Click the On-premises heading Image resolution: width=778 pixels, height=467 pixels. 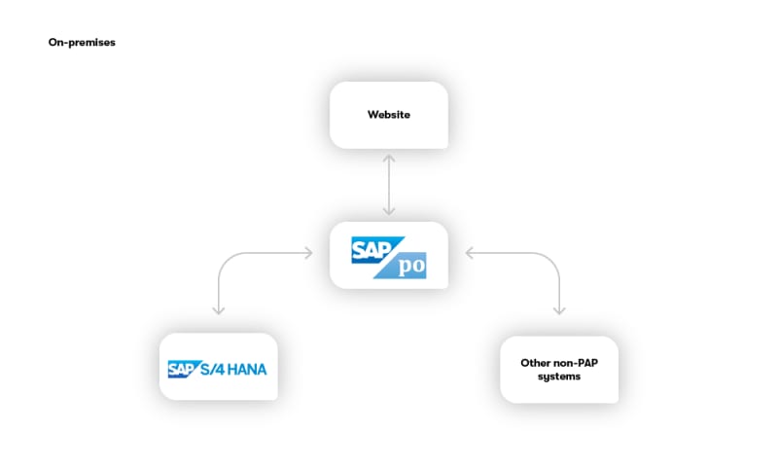82,42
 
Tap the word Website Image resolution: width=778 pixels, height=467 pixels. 389,115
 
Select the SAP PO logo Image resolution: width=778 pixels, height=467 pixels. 389,257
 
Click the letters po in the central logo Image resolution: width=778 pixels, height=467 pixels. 411,266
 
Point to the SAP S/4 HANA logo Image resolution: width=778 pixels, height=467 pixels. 217,369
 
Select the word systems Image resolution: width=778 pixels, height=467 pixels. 559,377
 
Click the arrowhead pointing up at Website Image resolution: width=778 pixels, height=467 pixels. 389,159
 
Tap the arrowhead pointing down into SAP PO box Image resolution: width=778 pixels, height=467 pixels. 389,211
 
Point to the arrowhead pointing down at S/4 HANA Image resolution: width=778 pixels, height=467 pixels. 218,310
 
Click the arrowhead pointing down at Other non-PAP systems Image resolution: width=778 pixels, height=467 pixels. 559,310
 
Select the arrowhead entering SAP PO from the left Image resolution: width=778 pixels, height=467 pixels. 309,253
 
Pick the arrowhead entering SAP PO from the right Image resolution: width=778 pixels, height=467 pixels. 470,253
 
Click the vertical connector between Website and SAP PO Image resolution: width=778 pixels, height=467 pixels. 389,185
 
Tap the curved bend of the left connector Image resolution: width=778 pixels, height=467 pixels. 226,261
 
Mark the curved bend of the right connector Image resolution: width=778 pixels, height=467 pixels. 551,261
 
